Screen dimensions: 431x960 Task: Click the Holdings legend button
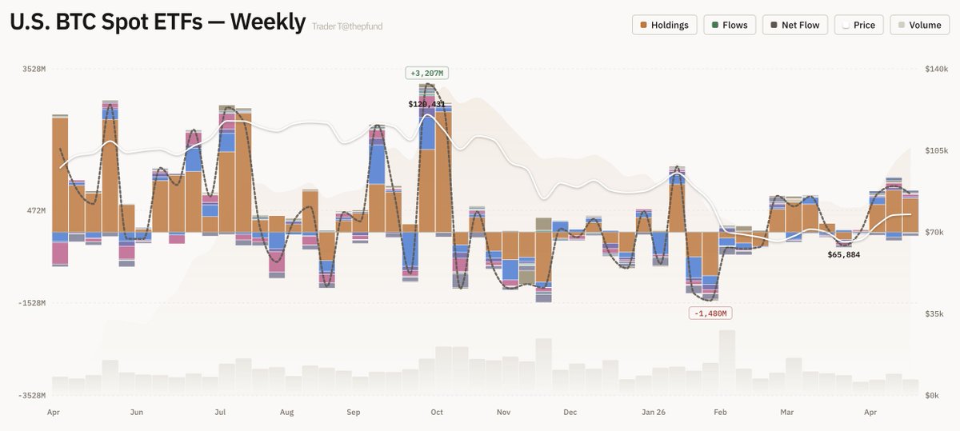665,25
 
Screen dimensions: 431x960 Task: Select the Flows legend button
730,25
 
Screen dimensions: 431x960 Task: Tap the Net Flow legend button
794,25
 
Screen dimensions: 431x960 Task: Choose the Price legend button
858,25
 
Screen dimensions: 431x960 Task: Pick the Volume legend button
918,25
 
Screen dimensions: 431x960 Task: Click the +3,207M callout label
426,74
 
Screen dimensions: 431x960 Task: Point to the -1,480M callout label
710,313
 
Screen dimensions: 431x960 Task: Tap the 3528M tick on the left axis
34,70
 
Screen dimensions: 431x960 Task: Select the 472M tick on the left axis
36,210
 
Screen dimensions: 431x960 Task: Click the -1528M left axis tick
33,303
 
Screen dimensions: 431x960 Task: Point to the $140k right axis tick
936,70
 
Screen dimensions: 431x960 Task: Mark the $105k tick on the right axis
936,150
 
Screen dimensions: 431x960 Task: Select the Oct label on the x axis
437,413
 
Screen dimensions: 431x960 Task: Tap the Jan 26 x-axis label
654,413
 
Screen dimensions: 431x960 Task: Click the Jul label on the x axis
220,413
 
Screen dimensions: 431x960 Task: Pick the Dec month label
570,413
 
